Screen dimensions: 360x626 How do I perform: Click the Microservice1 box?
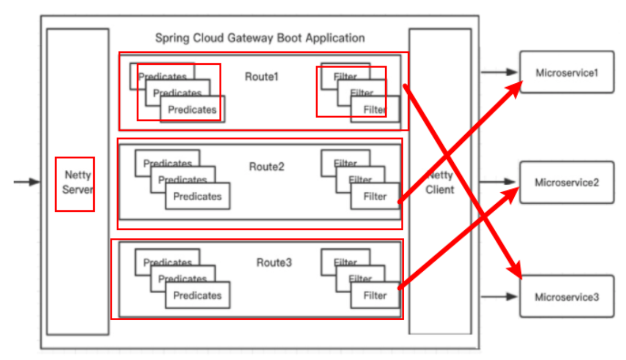pos(567,72)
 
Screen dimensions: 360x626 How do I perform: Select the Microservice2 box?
pos(567,182)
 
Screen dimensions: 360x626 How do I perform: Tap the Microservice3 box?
pos(567,297)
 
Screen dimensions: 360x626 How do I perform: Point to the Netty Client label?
pos(440,183)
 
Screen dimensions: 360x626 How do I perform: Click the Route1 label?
pos(262,77)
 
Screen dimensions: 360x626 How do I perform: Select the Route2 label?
pos(267,167)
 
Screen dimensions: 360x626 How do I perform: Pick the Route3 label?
pos(274,263)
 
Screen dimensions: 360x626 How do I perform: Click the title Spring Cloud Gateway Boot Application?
pos(260,38)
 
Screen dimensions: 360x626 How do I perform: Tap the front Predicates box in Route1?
pos(192,109)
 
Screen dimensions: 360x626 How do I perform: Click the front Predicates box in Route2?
pos(197,197)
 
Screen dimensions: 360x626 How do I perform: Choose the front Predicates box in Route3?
pos(197,295)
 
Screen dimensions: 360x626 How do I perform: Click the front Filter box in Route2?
pos(375,197)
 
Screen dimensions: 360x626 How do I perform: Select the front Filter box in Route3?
pos(375,295)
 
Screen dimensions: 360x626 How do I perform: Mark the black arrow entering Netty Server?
pos(27,182)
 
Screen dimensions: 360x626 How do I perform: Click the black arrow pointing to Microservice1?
pos(499,72)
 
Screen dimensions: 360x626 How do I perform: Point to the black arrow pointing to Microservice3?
pos(499,297)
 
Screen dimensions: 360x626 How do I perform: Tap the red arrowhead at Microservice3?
pos(515,271)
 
